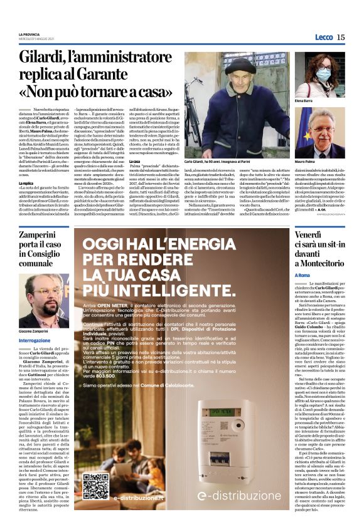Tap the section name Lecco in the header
tap(323, 37)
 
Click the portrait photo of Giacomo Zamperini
tap(43, 298)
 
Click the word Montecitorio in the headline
tap(321, 264)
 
